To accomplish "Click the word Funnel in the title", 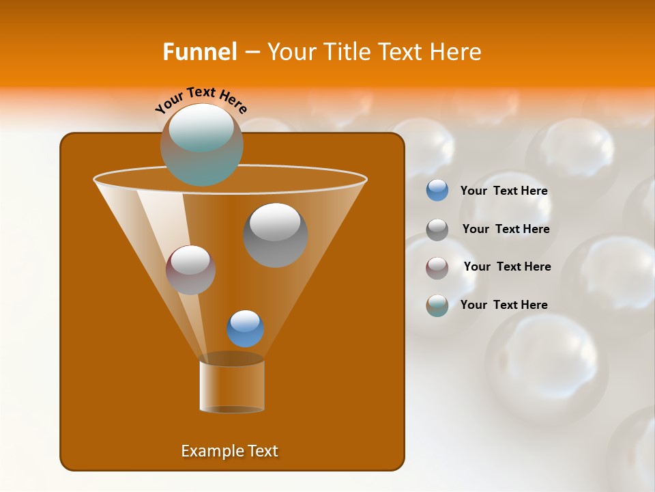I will [199, 52].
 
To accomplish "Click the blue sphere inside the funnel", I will [245, 329].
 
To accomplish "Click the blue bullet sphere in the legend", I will [437, 191].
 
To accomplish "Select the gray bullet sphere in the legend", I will [437, 230].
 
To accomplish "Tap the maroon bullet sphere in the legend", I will [437, 267].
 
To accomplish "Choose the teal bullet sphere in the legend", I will [437, 305].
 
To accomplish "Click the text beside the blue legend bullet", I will [504, 191].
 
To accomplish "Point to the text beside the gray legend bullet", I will [506, 230].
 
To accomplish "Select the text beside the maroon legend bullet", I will [507, 267].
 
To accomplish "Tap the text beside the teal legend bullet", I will [504, 305].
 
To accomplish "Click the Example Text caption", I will [229, 451].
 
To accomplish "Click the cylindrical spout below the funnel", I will [231, 387].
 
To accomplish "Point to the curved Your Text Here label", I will [201, 99].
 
